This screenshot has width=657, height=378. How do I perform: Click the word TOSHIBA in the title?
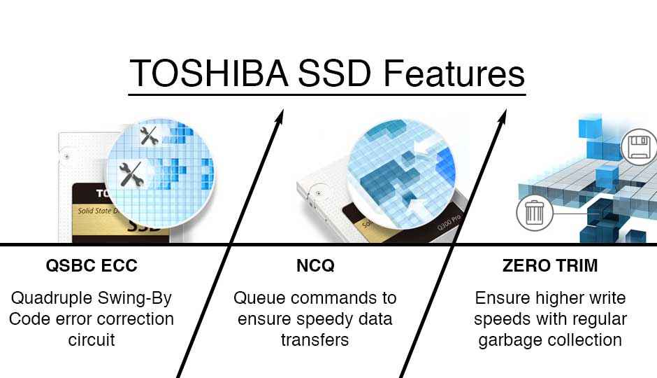coord(209,73)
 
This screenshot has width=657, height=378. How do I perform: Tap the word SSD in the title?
coord(335,73)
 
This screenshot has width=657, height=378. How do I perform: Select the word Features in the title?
coord(454,73)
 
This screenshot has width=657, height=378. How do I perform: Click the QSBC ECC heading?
coord(92,265)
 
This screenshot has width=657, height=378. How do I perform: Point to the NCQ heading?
coord(315,265)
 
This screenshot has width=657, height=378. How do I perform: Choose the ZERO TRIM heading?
coord(550,265)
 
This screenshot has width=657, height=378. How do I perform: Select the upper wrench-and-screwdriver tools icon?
coord(149,136)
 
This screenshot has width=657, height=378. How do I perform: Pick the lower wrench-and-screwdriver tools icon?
coord(131,174)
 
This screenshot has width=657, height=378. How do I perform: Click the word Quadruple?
coord(52,298)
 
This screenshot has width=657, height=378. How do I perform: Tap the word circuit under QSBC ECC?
coord(92,339)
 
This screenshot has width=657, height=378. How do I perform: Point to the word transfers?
coord(315,339)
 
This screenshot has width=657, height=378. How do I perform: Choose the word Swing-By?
coord(134,298)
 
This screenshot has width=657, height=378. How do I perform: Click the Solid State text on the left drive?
coord(94,211)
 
